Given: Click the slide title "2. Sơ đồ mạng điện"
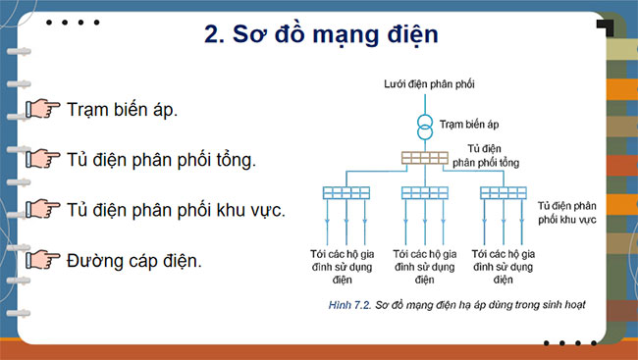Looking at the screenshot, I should click(x=320, y=35).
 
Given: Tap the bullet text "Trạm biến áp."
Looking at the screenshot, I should click(x=123, y=109).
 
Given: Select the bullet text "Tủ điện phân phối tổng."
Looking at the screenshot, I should click(x=162, y=159).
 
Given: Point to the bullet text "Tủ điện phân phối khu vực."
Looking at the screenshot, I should click(x=176, y=210).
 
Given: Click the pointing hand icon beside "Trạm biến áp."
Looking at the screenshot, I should click(x=42, y=109).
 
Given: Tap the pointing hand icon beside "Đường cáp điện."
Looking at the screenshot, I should click(x=42, y=260).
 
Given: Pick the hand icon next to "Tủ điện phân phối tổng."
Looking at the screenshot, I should click(x=42, y=159).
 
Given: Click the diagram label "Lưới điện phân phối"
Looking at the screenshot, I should click(x=429, y=85).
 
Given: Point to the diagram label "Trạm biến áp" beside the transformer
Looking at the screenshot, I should click(x=469, y=126).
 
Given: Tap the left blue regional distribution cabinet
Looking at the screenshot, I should click(x=347, y=192).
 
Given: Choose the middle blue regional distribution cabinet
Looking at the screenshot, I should click(x=426, y=192).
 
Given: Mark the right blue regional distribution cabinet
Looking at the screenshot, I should click(x=505, y=192).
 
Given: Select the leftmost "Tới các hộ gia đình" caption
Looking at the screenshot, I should click(x=347, y=260).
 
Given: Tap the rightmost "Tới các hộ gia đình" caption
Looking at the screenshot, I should click(x=505, y=260).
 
